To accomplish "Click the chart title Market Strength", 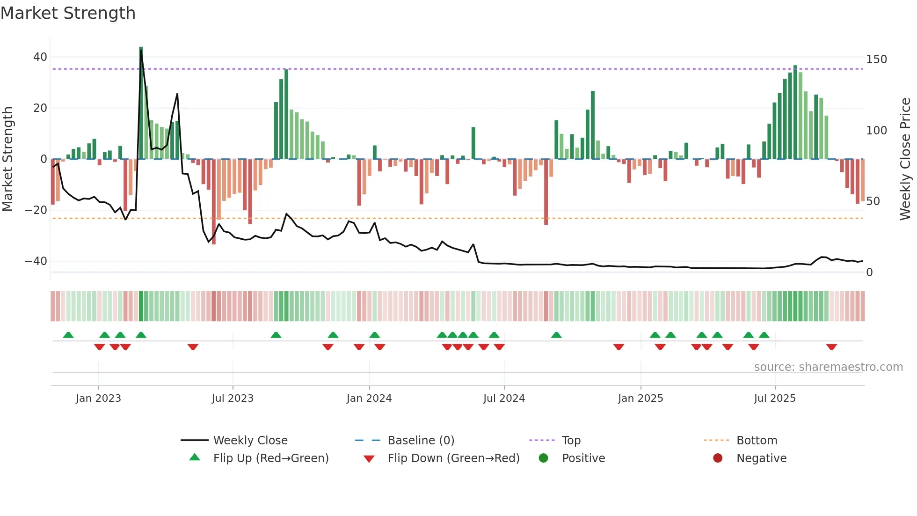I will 68,13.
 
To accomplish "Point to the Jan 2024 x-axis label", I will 369,398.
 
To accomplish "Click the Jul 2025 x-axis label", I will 774,398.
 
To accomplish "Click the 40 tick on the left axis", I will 40,57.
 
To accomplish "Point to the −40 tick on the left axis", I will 36,261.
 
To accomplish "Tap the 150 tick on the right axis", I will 876,59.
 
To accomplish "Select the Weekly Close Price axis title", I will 905,159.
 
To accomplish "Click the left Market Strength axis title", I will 8,159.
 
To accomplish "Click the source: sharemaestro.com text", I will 828,367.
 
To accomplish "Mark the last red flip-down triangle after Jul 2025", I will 831,347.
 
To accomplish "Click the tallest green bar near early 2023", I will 141,103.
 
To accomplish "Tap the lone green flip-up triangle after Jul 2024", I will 556,335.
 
